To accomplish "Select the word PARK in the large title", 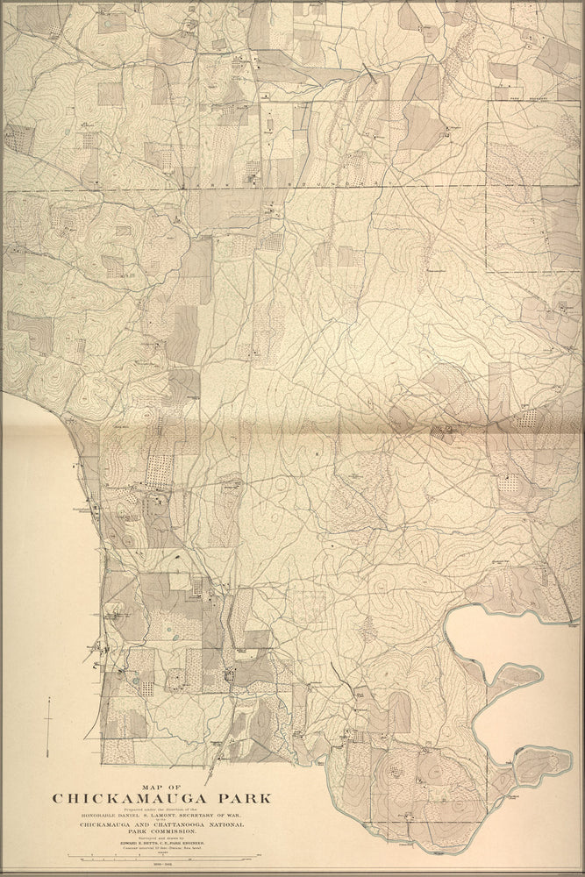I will (x=241, y=798).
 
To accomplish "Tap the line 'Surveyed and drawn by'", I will (x=161, y=838).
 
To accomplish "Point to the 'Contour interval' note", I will (x=161, y=849).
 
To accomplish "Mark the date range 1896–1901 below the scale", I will (x=161, y=866).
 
